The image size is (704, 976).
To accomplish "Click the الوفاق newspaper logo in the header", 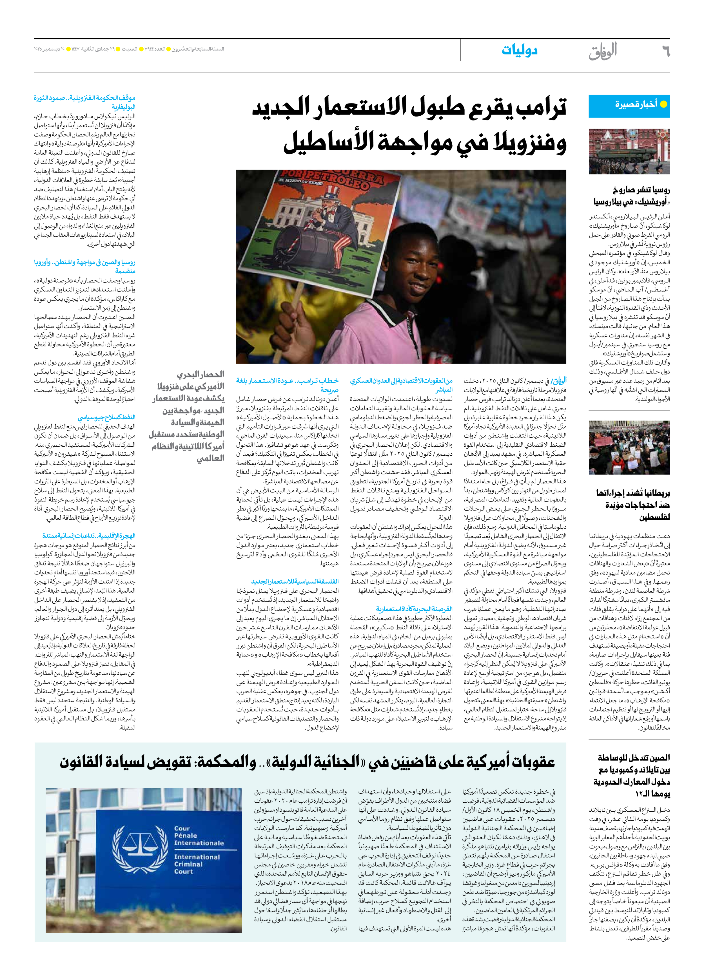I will [x=603, y=51].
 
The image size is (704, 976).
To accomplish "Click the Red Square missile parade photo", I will [x=629, y=151].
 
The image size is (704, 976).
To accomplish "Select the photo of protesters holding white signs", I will [x=629, y=447].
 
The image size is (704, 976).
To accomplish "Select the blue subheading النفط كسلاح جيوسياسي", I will [x=106, y=417].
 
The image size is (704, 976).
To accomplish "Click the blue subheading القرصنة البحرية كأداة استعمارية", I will [x=414, y=609].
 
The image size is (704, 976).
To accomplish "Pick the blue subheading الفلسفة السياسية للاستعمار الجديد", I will [x=295, y=581].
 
